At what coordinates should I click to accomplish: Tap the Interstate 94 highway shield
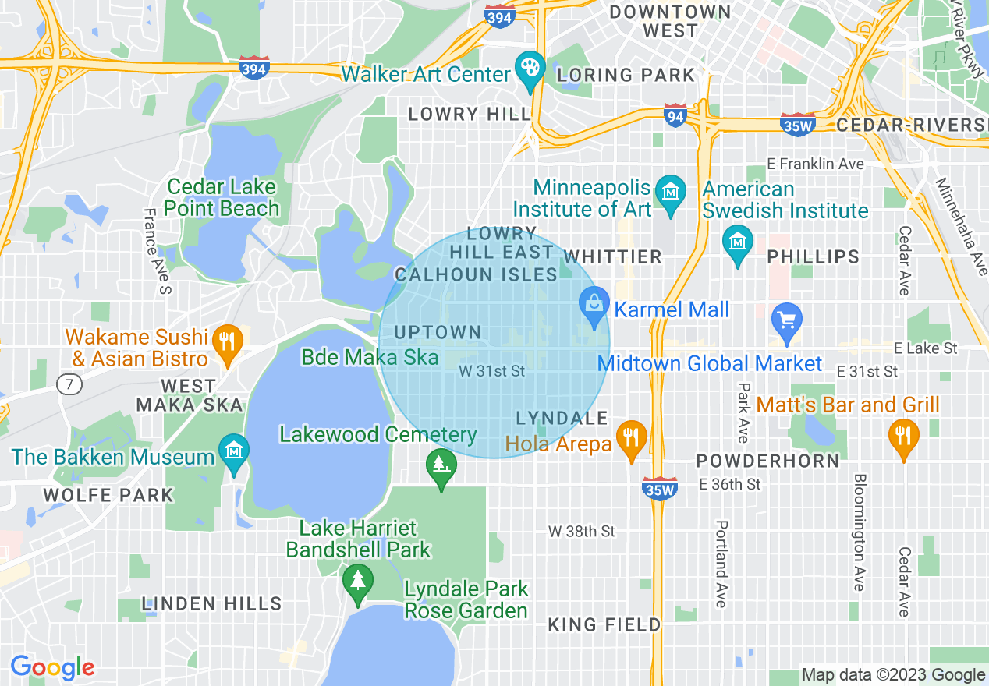675,116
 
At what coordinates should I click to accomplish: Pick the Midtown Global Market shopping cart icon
786,320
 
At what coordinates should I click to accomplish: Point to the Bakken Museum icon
234,453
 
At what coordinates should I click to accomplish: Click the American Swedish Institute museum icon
738,243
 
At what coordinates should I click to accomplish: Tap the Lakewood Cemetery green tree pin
441,466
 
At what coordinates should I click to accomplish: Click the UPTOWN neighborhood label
438,333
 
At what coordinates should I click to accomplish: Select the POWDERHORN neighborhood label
767,461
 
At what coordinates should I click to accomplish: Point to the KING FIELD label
604,624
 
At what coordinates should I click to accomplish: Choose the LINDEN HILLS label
212,604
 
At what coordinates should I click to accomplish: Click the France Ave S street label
157,252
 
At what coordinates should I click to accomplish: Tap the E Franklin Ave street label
815,164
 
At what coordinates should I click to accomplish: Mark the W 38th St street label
581,532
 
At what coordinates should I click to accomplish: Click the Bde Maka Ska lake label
370,358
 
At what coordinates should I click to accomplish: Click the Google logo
52,668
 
